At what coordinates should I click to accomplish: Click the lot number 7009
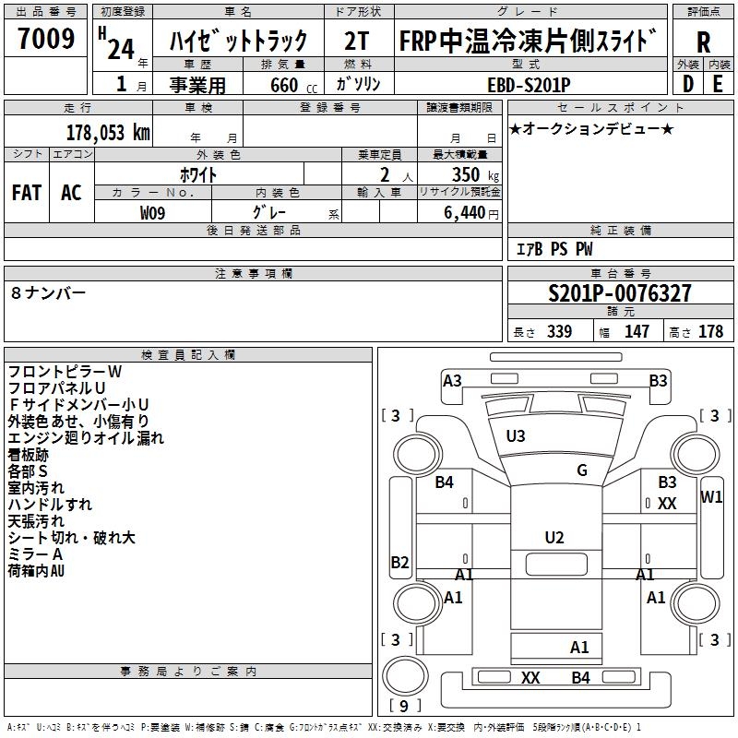point(47,39)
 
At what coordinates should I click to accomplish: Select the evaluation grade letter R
point(703,42)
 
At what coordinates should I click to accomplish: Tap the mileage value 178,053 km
point(108,132)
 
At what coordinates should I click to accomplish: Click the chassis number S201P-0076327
point(620,294)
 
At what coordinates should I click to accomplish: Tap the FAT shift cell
point(27,192)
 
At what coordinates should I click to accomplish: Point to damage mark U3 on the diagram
point(516,435)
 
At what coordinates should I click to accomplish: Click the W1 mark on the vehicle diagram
point(711,497)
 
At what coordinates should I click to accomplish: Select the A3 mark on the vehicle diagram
point(452,380)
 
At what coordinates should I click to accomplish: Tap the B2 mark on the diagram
point(399,562)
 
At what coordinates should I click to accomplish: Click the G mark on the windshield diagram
point(582,470)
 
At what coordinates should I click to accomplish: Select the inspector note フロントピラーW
point(65,371)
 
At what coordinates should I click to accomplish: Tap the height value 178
point(711,332)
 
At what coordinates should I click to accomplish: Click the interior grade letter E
point(718,83)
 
